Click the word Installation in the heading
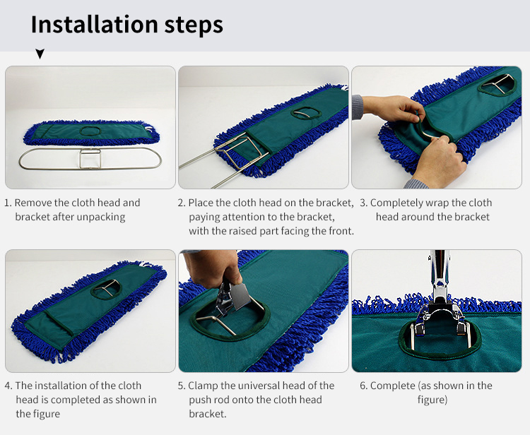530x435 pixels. point(94,25)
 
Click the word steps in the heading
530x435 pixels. point(194,26)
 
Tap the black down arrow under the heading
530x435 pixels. point(40,54)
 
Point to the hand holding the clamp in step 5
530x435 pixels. point(212,268)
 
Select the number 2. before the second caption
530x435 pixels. point(182,203)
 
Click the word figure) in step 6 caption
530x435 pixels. point(432,400)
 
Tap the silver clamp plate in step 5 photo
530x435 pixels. point(241,295)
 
